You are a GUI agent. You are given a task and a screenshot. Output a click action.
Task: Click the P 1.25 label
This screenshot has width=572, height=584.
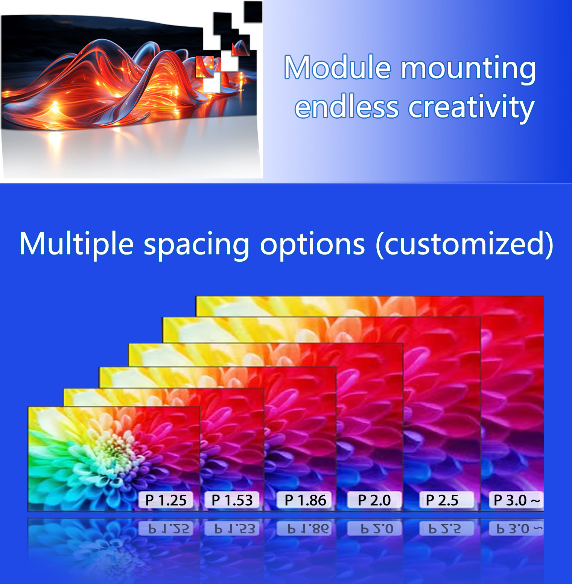[x=166, y=500]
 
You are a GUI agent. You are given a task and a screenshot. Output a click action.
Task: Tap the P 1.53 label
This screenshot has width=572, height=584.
[x=232, y=500]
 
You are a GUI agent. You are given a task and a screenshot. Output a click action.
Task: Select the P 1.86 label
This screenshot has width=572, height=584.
[x=305, y=500]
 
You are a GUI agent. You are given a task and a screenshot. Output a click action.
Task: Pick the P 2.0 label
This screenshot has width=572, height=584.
[x=374, y=500]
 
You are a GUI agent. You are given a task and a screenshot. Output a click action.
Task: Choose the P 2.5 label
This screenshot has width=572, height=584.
[x=442, y=500]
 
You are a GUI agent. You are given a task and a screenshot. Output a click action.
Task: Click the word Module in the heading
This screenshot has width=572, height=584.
[x=338, y=68]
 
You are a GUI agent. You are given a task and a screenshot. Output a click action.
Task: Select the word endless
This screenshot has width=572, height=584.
[x=347, y=107]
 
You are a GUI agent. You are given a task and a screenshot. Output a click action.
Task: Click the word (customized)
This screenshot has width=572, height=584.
[x=465, y=245]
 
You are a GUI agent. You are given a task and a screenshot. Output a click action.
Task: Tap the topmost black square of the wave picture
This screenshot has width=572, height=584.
[x=253, y=11]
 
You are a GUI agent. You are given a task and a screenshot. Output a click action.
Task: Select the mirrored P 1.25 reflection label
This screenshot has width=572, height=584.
[x=166, y=528]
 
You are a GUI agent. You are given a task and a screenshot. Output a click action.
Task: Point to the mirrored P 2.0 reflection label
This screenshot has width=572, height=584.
[x=374, y=528]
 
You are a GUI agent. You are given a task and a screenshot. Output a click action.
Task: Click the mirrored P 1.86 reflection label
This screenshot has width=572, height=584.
[x=305, y=528]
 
